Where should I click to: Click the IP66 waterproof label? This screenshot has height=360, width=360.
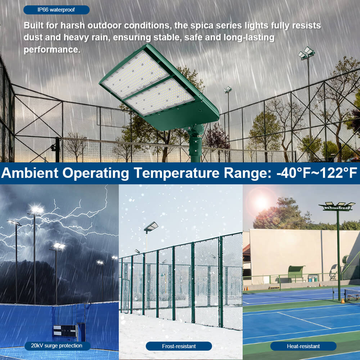point(56,10)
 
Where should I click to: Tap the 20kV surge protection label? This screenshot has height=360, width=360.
point(56,346)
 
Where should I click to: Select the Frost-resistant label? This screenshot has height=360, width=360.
point(179,346)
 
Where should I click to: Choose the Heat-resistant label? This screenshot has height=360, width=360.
point(303,346)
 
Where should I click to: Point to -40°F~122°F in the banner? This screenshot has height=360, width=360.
point(316,173)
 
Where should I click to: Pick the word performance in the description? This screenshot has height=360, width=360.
point(52,50)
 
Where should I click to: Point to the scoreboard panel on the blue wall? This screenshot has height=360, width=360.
point(65,330)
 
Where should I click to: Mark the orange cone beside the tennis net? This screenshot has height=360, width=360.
point(342,301)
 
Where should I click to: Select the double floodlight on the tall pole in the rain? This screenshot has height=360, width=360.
point(306,53)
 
